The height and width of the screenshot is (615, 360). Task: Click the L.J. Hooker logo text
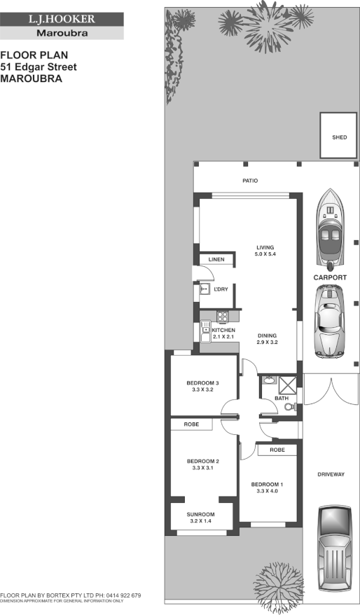pyautogui.click(x=62, y=20)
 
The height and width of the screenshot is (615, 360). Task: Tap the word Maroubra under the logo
pyautogui.click(x=62, y=33)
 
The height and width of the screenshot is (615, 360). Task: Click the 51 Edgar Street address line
pyautogui.click(x=39, y=67)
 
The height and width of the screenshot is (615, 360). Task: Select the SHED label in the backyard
pyautogui.click(x=339, y=137)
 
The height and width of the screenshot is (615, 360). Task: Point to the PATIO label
pyautogui.click(x=250, y=181)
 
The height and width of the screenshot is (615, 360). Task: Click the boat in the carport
pyautogui.click(x=330, y=230)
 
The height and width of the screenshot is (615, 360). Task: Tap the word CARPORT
pyautogui.click(x=330, y=278)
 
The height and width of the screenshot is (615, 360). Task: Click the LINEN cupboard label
pyautogui.click(x=216, y=260)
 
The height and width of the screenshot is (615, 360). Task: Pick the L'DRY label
pyautogui.click(x=222, y=289)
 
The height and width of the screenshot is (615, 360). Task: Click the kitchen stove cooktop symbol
pyautogui.click(x=222, y=315)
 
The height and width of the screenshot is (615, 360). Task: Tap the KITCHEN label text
pyautogui.click(x=224, y=330)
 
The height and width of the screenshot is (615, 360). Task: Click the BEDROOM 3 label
pyautogui.click(x=203, y=382)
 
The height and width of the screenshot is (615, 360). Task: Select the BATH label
pyautogui.click(x=282, y=399)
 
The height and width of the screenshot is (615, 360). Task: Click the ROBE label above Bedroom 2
pyautogui.click(x=192, y=424)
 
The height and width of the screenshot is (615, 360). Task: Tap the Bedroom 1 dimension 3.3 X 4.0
pyautogui.click(x=267, y=491)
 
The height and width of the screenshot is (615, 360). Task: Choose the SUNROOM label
pyautogui.click(x=200, y=515)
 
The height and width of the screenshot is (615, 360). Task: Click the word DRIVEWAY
pyautogui.click(x=332, y=475)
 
